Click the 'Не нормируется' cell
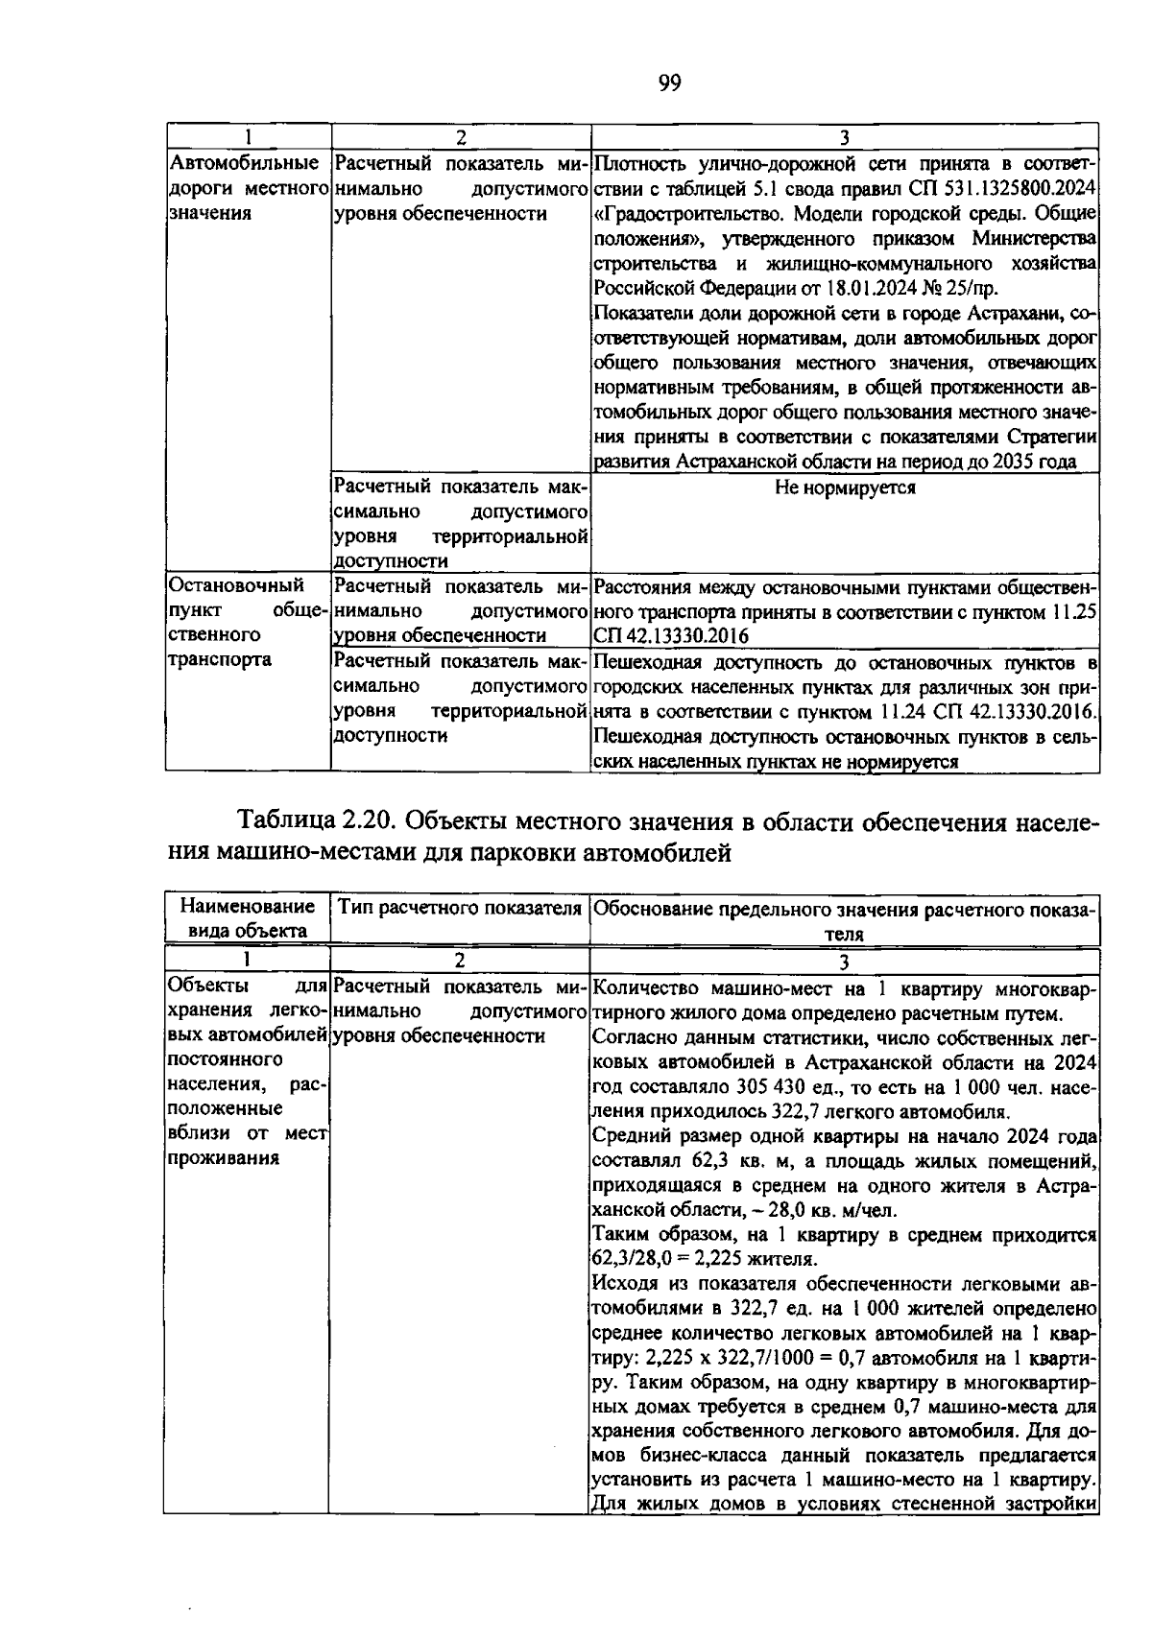[x=845, y=488]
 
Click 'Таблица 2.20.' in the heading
[x=318, y=822]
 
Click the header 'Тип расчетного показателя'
[x=460, y=908]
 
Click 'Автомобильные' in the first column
[x=244, y=164]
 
